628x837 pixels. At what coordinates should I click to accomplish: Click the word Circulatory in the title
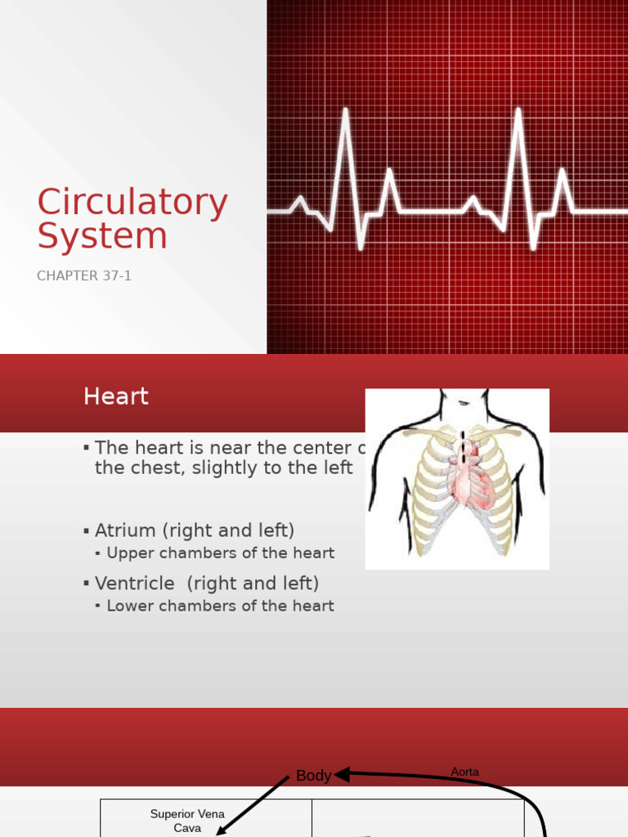pos(132,204)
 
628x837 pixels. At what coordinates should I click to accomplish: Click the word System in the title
pos(102,236)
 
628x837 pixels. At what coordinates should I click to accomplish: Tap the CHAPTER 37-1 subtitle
pos(84,276)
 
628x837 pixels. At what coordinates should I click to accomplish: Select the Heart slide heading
pos(116,397)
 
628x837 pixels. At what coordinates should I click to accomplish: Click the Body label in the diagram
pos(313,776)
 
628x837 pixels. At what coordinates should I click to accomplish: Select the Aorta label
pos(465,772)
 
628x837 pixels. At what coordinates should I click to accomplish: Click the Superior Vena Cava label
pos(187,821)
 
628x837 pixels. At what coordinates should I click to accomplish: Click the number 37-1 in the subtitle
pos(116,276)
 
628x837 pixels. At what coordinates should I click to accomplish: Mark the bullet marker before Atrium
pos(86,531)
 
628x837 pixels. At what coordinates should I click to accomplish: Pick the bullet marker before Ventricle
pos(86,584)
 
